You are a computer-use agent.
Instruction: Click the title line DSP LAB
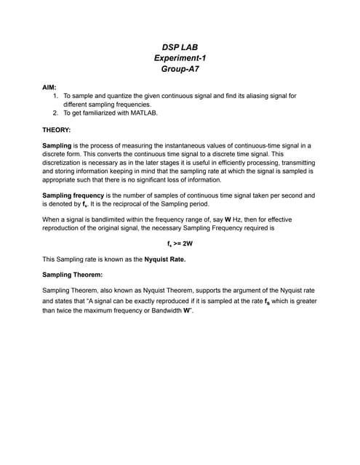coord(180,46)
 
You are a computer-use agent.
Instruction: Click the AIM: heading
coord(50,86)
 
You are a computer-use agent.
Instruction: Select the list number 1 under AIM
coord(56,96)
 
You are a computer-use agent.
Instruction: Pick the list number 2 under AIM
coord(56,113)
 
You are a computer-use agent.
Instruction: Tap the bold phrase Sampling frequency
coord(76,195)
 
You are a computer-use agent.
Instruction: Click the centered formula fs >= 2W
coord(180,243)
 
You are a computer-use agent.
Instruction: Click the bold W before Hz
coord(228,219)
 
